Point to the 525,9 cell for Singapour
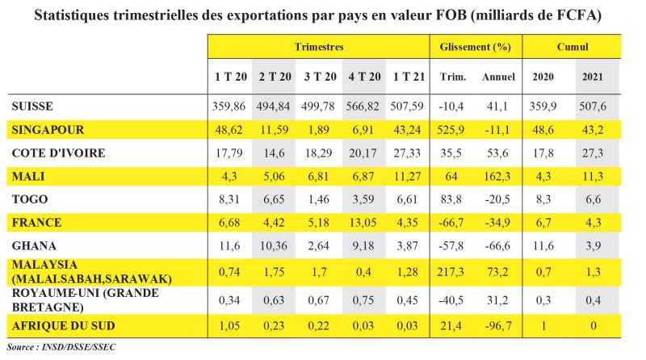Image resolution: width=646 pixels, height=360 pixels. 453,129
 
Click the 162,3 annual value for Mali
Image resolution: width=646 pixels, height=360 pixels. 497,174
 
